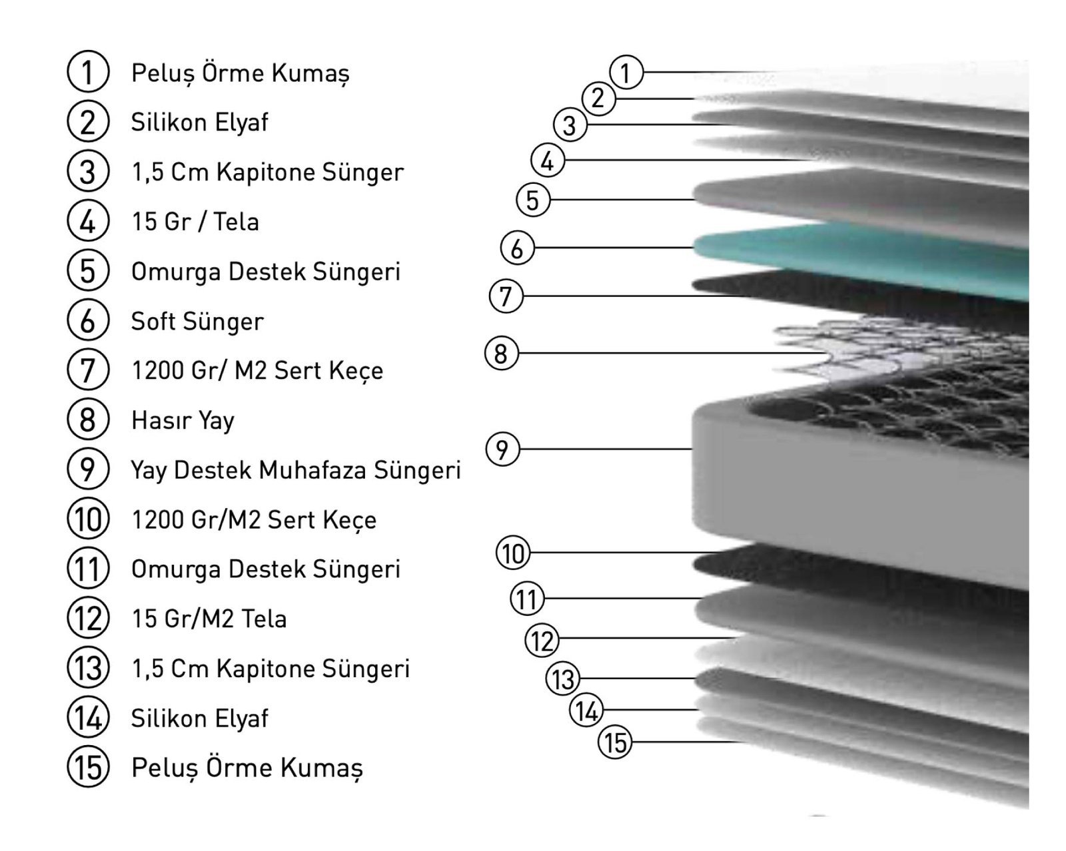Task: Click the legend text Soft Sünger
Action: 197,322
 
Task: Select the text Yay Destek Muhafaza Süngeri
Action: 296,470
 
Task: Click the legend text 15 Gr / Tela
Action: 195,222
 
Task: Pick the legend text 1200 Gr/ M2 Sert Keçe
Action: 258,372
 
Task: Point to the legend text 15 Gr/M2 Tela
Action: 209,619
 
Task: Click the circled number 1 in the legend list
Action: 88,71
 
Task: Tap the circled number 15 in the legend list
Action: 88,767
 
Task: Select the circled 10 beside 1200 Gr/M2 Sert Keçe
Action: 88,519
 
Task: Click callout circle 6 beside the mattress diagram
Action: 517,248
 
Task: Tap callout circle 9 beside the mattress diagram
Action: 502,449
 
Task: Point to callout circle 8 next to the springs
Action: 501,353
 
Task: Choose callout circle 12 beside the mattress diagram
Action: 542,641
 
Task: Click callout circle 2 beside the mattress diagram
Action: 598,99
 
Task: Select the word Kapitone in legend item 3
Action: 266,172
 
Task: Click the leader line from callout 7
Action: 636,296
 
